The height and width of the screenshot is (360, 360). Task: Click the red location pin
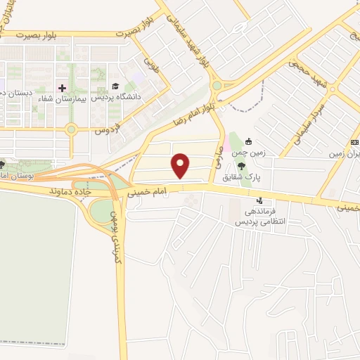point(181,166)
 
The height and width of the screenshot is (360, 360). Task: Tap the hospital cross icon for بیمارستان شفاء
point(62,88)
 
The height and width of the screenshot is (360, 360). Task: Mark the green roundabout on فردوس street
point(71,129)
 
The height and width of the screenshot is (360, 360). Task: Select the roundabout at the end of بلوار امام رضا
point(217,86)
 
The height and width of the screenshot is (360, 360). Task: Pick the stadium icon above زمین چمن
point(249,141)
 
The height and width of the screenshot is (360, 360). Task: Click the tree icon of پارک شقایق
point(243,167)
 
